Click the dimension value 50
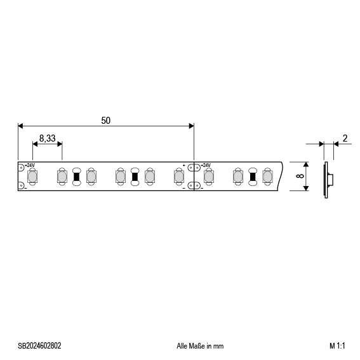pos(105,119)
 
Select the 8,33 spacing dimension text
pos(47,137)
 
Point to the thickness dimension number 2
pos(344,138)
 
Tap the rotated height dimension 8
pos(299,175)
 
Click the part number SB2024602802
pos(39,346)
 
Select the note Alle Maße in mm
pos(199,346)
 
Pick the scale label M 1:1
pos(336,346)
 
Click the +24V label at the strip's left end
pos(30,165)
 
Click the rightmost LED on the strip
pos(267,176)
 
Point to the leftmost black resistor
pos(76,176)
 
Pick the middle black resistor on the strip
pos(135,176)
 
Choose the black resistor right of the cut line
pos(252,176)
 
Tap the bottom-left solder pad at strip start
pos(21,185)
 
